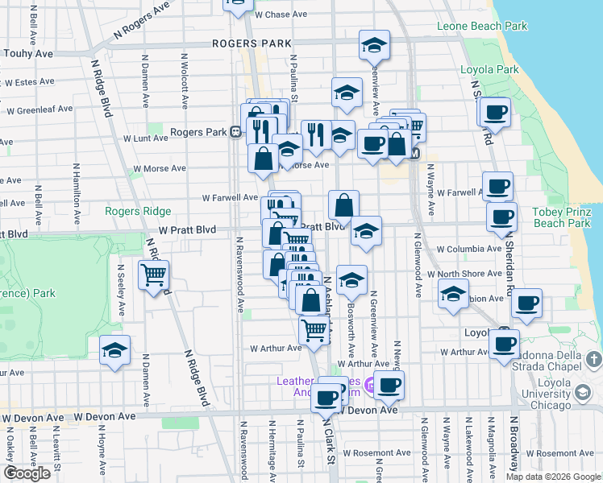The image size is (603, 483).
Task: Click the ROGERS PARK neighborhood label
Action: point(252,43)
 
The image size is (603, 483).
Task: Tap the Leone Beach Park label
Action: point(482,26)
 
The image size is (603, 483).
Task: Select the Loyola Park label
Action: point(489,70)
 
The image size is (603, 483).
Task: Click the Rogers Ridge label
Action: point(138,211)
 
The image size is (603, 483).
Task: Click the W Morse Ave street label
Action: point(160,169)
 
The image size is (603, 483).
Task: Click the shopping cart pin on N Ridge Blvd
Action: point(153,275)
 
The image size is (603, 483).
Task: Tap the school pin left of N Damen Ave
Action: point(115,351)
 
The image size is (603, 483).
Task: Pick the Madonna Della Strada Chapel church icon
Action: point(594,358)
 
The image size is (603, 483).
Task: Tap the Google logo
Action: point(27,473)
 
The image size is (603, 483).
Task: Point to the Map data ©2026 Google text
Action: point(552,477)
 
